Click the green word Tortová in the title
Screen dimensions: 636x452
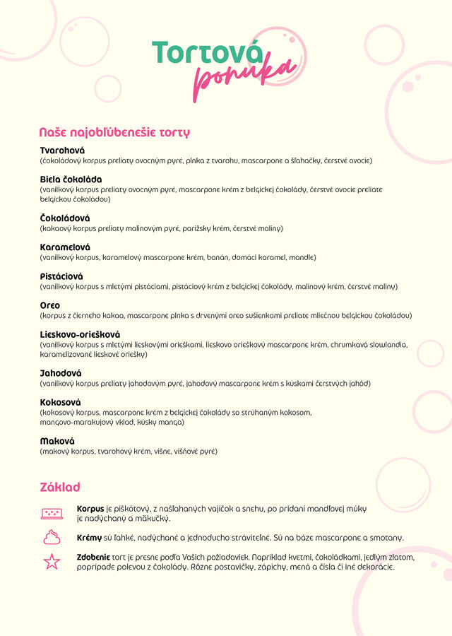click(207, 54)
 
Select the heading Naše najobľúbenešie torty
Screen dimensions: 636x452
click(114, 132)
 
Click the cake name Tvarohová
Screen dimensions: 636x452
click(62, 151)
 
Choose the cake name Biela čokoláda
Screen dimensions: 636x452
click(71, 179)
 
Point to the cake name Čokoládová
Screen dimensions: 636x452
click(65, 218)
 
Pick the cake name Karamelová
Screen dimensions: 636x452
click(65, 247)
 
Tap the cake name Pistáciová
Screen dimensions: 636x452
click(61, 276)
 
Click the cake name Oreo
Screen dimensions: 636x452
click(50, 305)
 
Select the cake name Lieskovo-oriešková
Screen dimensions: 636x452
click(80, 334)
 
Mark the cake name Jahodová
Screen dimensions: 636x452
click(61, 373)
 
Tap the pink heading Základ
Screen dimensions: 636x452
click(60, 487)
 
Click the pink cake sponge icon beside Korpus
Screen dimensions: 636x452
click(52, 513)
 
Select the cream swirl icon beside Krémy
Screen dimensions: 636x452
click(52, 537)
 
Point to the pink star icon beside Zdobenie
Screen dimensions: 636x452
click(52, 562)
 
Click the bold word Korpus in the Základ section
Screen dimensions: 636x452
click(90, 509)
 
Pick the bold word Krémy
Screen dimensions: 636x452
click(90, 538)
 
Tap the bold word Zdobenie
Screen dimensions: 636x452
click(93, 557)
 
